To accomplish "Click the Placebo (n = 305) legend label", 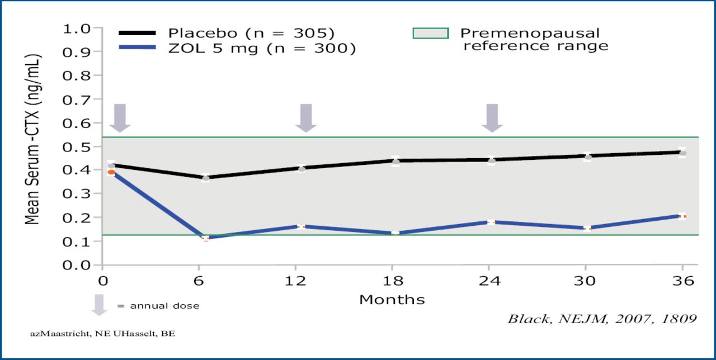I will tap(252, 33).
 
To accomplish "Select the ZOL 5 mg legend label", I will tap(262, 49).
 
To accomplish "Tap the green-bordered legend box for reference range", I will tap(431, 34).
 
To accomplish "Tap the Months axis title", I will tap(392, 300).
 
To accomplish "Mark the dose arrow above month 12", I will tap(306, 117).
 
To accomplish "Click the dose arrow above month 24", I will tap(493, 117).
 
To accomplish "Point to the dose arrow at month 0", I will tap(120, 117).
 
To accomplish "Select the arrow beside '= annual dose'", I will tap(99, 304).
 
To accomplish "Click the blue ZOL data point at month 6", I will tap(206, 238).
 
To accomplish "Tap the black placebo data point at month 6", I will tap(206, 178).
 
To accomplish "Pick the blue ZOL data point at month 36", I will tap(682, 216).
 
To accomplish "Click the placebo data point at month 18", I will tap(395, 162).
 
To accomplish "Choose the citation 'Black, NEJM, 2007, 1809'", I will tap(602, 319).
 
